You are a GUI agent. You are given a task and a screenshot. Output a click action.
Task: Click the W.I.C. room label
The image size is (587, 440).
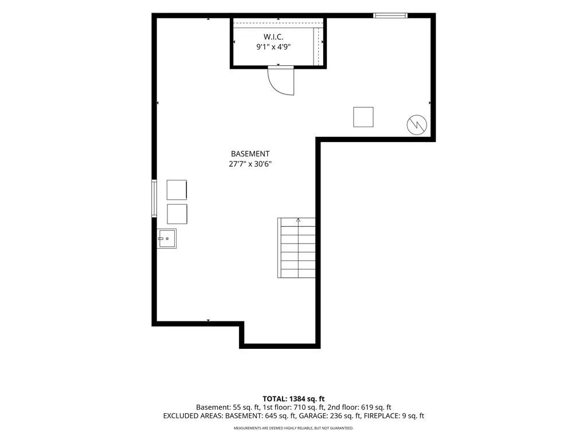[273, 37]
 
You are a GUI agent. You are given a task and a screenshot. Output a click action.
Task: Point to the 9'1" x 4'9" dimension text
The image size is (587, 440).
[273, 47]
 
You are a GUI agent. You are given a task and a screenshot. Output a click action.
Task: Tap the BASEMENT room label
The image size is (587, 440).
[250, 154]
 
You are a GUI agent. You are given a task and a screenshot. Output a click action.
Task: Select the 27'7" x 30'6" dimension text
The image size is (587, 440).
[250, 163]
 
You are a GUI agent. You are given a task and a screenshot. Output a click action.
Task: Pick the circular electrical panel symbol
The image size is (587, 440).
[417, 124]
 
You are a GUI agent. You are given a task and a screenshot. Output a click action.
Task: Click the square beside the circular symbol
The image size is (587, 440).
[363, 117]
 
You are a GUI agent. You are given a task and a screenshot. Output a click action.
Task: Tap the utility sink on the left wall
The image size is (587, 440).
[167, 239]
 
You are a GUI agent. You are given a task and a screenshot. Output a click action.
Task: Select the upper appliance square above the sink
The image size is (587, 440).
[177, 190]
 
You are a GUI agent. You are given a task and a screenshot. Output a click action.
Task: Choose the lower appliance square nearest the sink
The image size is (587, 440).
[177, 214]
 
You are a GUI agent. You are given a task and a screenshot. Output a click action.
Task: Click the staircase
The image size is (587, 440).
[296, 247]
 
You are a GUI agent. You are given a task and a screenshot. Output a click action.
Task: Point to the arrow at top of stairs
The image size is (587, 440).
[298, 220]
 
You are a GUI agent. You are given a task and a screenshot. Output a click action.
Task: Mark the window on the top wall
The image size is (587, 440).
[390, 15]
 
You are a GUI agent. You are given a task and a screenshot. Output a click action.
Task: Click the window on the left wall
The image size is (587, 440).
[154, 198]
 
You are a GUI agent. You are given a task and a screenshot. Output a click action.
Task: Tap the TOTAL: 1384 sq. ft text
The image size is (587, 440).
[293, 399]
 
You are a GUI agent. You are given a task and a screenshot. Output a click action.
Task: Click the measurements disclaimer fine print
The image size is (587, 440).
[293, 428]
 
